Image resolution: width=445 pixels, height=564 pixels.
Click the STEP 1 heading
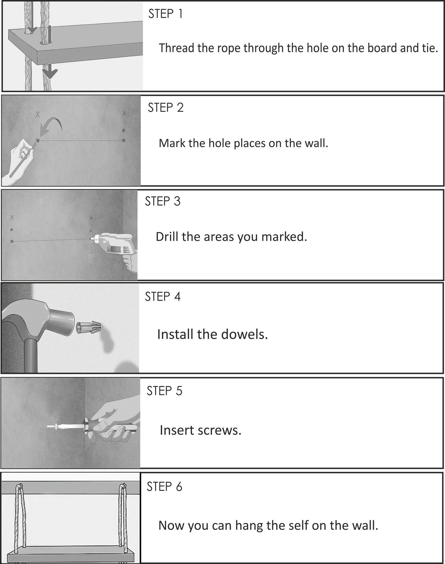click(x=166, y=14)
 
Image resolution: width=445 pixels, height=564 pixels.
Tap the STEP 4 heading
click(x=162, y=297)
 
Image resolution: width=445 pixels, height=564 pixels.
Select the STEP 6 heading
click(x=164, y=486)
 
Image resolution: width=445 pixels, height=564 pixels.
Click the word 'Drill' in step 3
click(x=167, y=236)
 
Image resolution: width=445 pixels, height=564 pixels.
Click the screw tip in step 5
click(x=48, y=427)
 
